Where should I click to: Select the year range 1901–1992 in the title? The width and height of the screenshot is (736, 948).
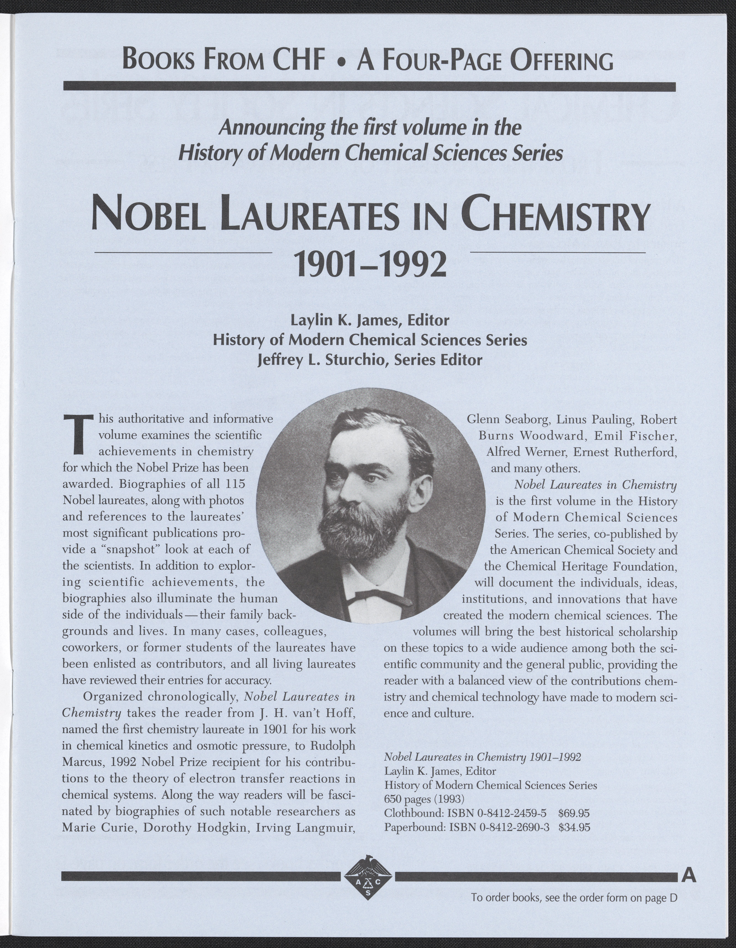point(370,265)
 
